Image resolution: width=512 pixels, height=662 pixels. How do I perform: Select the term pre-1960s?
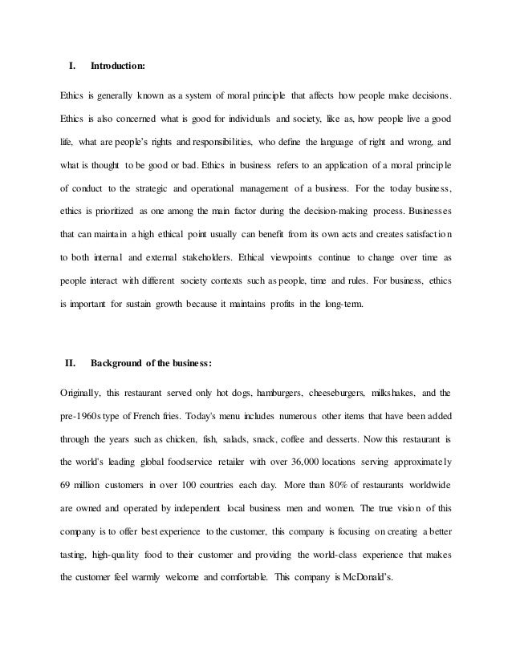(x=84, y=417)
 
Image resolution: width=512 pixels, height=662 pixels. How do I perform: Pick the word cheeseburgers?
(x=336, y=394)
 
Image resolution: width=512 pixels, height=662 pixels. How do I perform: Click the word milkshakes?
(x=400, y=394)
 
